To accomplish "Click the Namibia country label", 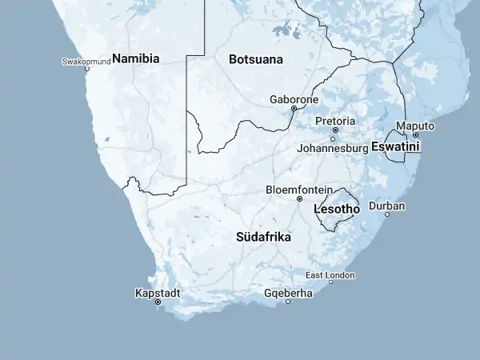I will [136, 58].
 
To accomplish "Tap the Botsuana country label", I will [255, 59].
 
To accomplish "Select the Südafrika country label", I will [263, 238].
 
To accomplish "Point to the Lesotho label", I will [337, 209].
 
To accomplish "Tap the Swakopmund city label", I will [86, 61].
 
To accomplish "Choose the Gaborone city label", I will [294, 99].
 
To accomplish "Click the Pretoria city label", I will [335, 121].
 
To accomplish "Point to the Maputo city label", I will [415, 126].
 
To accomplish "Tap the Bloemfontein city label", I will [299, 190].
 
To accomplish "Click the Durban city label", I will [387, 206].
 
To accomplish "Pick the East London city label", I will [330, 275].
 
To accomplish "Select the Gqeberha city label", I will [288, 293].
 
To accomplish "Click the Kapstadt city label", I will [158, 293].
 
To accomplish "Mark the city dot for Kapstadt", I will [158, 302].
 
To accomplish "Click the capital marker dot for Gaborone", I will [294, 108].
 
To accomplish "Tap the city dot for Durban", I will [387, 214].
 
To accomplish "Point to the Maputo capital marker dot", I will [415, 134].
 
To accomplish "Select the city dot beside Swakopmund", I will [87, 69].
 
